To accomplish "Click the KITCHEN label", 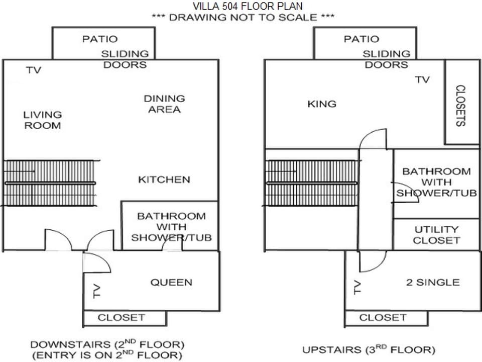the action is [164, 179].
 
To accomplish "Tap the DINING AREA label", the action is [165, 104].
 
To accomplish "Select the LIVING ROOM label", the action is [43, 120].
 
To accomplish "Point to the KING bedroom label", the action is [322, 104].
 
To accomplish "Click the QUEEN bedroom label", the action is [171, 282].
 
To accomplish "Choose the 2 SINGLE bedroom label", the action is [433, 282].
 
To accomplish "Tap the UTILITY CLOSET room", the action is [436, 235].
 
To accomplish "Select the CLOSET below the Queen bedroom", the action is [125, 318].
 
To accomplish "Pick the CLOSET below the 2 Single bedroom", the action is [386, 318].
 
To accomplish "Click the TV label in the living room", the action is [34, 70].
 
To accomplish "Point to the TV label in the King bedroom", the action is [422, 80].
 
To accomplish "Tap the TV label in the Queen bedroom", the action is [97, 291].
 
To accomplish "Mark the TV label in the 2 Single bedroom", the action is [357, 288].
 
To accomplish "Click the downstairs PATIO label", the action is [100, 39].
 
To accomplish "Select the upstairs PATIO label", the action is [361, 39].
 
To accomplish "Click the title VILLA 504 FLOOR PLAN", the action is [248, 6].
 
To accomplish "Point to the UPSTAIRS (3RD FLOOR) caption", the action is [369, 349].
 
